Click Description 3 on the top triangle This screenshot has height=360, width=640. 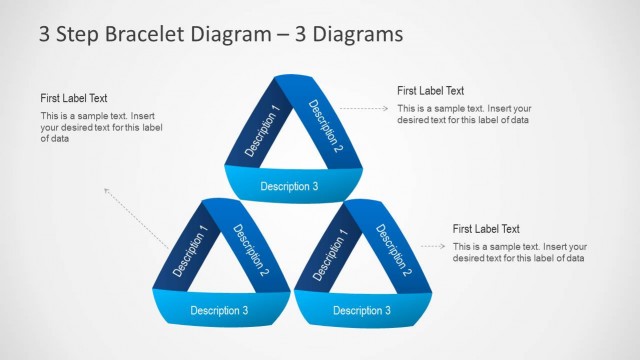[x=289, y=186]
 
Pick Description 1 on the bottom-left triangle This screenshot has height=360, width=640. [x=191, y=251]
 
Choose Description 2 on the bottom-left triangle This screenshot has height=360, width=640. [x=251, y=249]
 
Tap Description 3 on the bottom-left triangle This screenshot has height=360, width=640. [x=219, y=310]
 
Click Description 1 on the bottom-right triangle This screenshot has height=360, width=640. [x=331, y=256]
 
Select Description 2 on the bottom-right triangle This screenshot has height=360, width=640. [x=393, y=251]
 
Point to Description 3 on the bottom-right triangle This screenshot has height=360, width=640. [x=361, y=310]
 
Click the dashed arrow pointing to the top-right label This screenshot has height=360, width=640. [x=364, y=106]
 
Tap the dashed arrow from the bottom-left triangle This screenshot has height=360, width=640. [x=135, y=217]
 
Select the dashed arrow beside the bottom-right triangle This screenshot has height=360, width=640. [x=432, y=246]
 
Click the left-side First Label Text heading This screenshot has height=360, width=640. [x=74, y=98]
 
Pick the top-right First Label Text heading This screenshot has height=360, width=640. [x=430, y=91]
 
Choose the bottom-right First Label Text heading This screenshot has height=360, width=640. [x=486, y=229]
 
